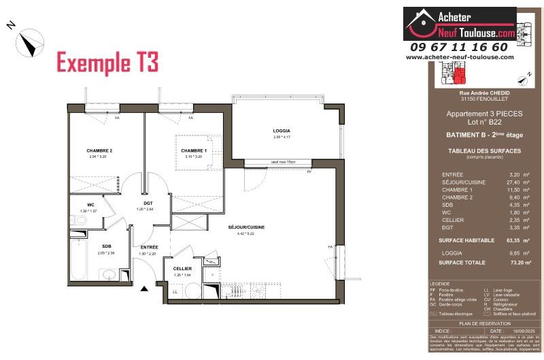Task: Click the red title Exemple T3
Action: click(x=107, y=63)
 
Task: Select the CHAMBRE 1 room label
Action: click(x=194, y=150)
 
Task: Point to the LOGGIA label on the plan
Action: click(x=282, y=131)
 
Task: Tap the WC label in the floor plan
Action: click(x=90, y=205)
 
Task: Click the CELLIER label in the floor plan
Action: click(x=182, y=269)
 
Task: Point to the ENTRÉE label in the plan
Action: click(x=150, y=246)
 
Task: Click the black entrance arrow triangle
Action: click(x=144, y=289)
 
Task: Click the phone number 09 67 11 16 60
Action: click(x=459, y=47)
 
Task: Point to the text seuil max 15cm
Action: click(x=282, y=161)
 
